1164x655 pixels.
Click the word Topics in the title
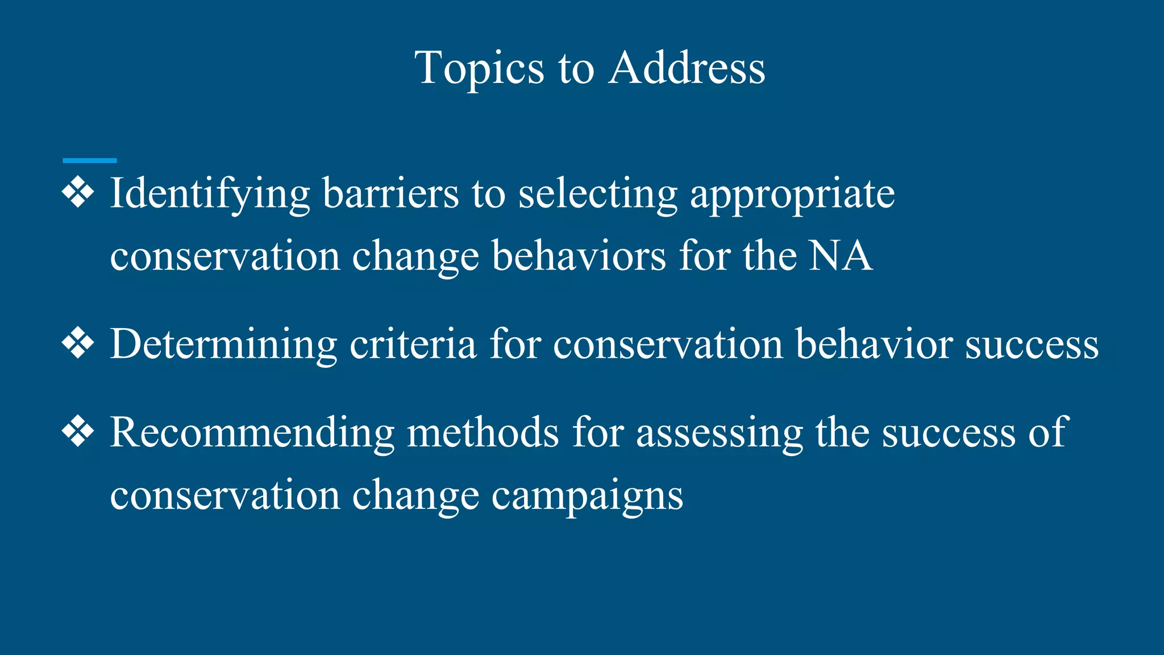point(479,69)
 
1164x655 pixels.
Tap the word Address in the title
point(687,68)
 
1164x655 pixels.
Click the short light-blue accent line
point(90,161)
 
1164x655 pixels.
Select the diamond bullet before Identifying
point(78,193)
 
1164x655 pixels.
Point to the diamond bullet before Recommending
point(78,432)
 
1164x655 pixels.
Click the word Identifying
point(210,194)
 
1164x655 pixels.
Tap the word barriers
point(390,193)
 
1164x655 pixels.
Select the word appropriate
point(792,194)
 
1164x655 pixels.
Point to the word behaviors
point(579,256)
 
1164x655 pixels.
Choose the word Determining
point(223,345)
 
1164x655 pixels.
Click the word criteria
point(413,344)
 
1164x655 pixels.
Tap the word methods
point(483,433)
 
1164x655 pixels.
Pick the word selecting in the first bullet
point(598,194)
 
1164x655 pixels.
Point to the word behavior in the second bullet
point(874,344)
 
